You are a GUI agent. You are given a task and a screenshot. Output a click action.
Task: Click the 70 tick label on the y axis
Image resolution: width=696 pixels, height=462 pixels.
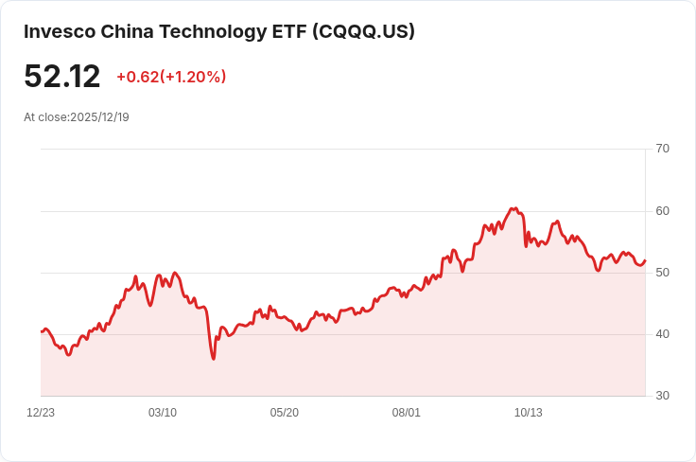point(662,149)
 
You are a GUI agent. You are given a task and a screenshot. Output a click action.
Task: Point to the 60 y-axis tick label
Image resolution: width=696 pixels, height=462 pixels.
point(662,210)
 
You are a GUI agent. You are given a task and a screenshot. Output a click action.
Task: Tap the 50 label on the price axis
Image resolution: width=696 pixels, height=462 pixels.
point(662,273)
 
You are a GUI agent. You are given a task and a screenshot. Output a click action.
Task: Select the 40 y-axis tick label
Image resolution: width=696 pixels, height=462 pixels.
point(662,334)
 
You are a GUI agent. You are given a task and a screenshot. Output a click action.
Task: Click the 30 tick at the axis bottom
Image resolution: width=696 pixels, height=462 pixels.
point(662,396)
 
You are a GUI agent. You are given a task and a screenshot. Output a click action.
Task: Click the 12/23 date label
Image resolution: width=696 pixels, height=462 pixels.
point(41,413)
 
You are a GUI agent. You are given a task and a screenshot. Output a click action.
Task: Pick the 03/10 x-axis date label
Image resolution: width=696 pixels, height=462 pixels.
point(163,413)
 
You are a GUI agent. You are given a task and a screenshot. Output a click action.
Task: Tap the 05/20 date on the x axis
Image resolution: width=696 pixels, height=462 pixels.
point(285,413)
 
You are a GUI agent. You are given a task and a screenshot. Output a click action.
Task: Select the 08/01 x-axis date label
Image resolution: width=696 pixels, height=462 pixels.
point(407,413)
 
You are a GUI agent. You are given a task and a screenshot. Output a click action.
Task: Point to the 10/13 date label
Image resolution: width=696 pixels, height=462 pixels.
point(528,413)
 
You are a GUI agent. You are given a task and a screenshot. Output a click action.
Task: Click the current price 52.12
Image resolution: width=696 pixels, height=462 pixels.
point(62,77)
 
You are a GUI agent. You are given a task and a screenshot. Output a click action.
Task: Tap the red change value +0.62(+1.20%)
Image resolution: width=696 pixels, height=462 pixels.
point(171,77)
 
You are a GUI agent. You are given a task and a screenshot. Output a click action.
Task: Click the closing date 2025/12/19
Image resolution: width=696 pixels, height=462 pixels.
point(99,117)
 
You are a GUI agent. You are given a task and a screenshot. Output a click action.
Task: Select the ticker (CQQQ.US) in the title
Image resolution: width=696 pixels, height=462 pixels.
point(364,31)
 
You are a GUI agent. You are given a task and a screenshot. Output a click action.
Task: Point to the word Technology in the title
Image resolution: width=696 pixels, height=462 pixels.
point(210,31)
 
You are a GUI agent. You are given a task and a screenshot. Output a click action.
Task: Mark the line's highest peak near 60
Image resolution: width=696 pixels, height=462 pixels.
point(513,208)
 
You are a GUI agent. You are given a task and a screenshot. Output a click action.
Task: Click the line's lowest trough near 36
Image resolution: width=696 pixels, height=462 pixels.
point(214,359)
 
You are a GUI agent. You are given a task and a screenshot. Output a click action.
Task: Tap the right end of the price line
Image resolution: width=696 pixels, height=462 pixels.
point(645,260)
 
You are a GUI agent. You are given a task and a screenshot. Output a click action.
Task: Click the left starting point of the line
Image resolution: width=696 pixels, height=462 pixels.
point(42,331)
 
